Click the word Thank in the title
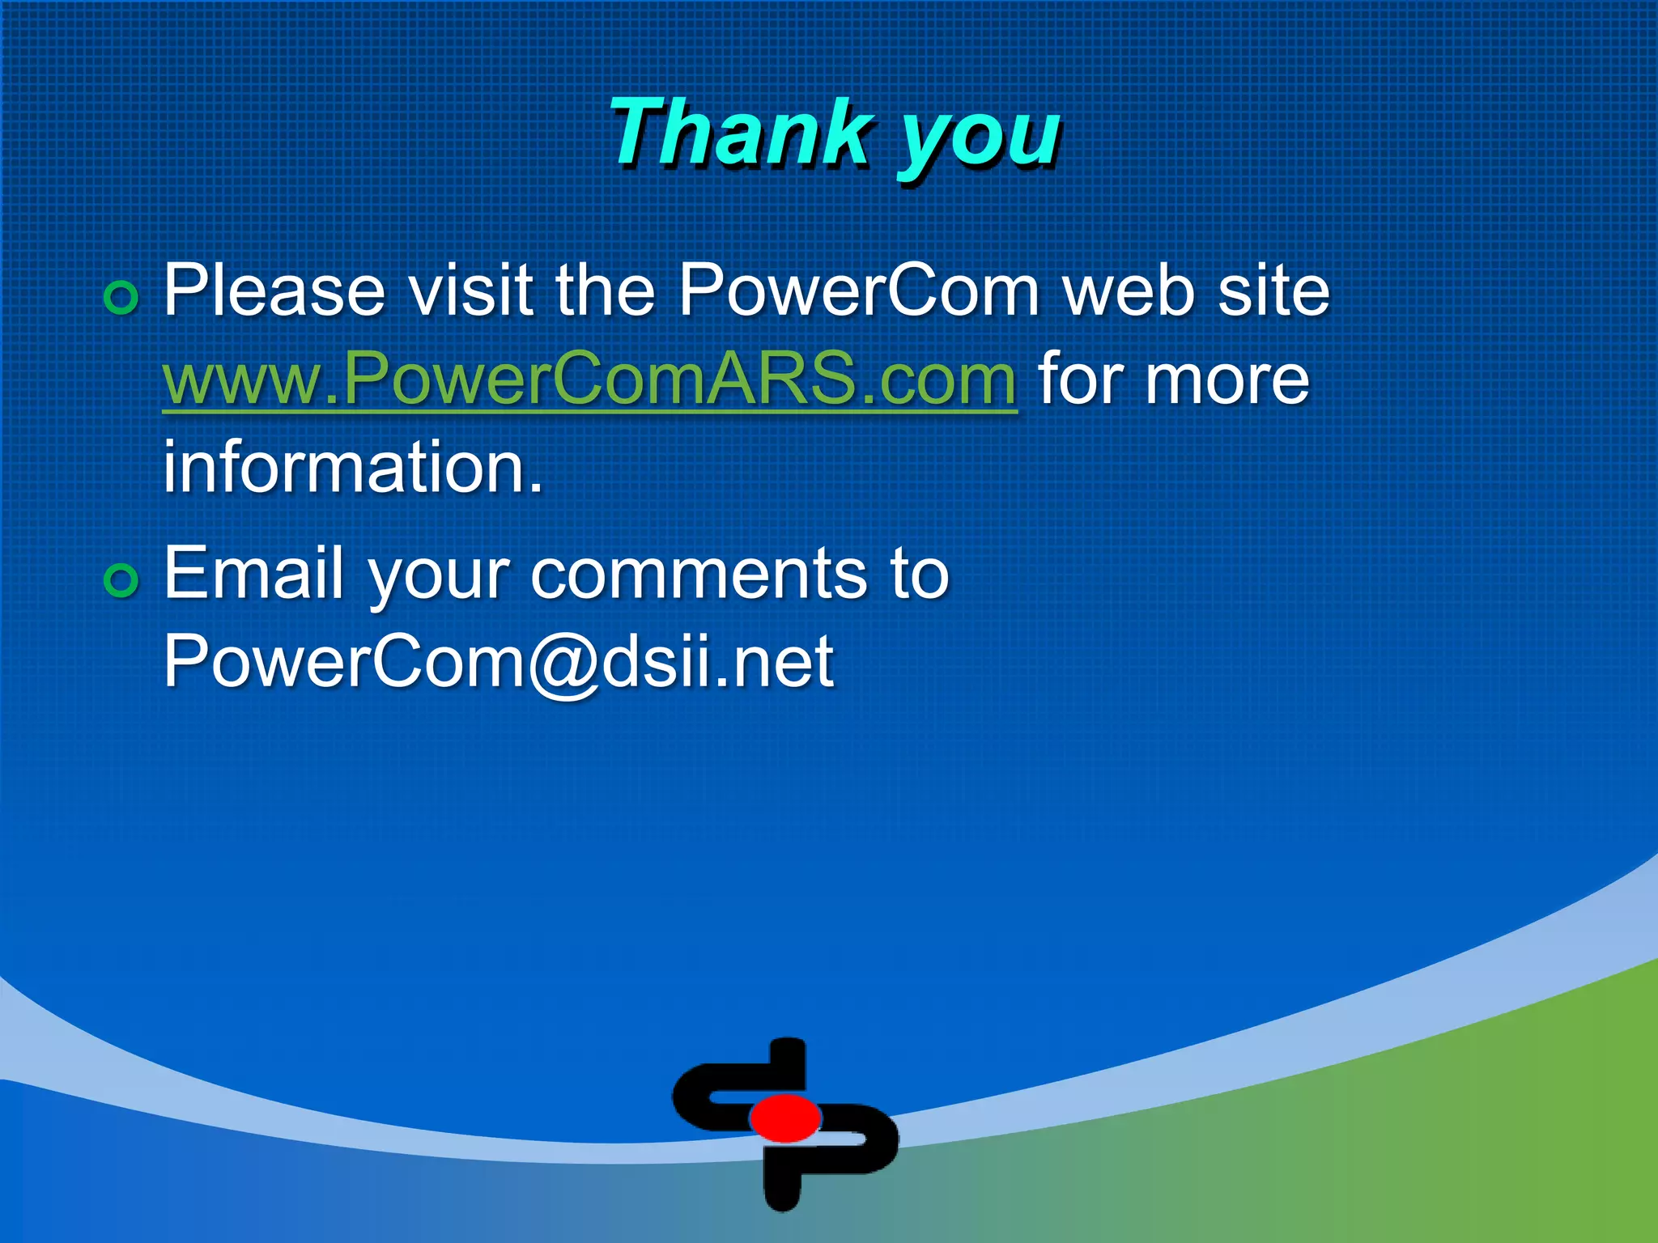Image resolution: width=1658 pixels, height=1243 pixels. [741, 134]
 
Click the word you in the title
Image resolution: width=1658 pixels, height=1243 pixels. [980, 138]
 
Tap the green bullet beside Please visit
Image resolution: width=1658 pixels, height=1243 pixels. [121, 298]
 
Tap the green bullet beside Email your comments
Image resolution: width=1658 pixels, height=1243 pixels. [121, 580]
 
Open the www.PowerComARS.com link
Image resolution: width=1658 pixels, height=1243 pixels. [589, 379]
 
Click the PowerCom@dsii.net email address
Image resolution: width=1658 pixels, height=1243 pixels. [498, 661]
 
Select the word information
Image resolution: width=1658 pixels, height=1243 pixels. [352, 468]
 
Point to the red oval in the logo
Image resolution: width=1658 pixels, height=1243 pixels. [785, 1118]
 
